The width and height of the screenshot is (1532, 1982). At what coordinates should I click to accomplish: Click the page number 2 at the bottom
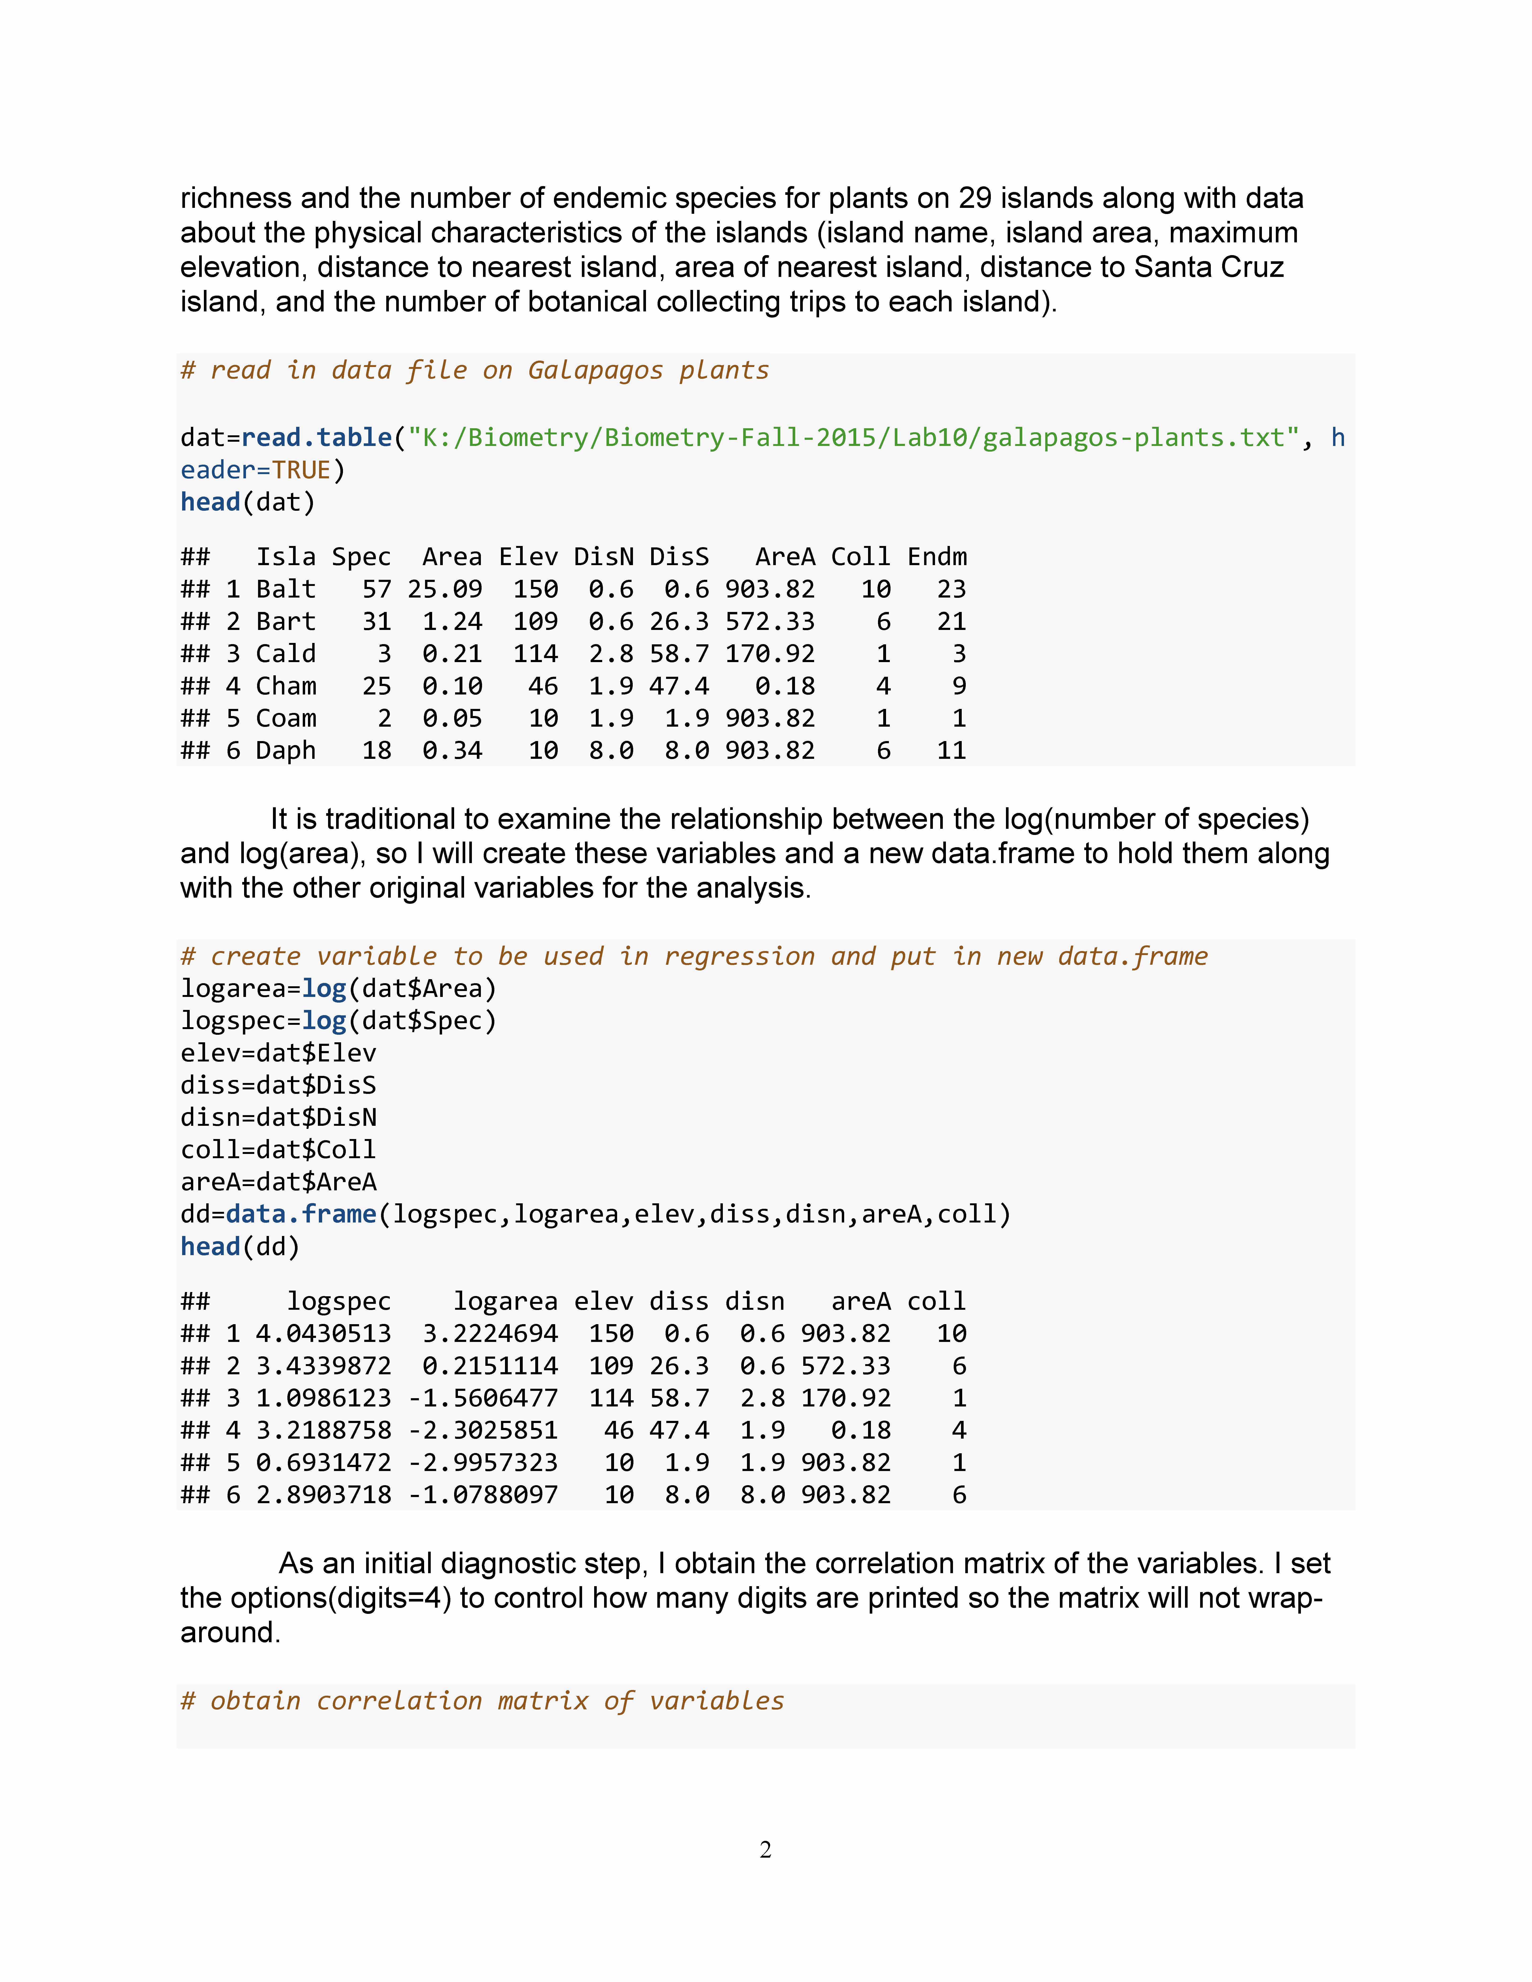coord(765,1850)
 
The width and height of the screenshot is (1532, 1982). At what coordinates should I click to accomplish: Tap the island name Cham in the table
coord(286,686)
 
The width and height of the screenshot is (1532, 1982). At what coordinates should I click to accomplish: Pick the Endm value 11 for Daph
coord(951,751)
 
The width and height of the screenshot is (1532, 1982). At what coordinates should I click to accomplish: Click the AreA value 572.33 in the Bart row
coord(770,622)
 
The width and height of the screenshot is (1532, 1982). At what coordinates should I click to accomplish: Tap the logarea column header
coord(505,1301)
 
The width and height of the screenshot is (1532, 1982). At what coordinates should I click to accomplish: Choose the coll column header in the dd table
coord(937,1301)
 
